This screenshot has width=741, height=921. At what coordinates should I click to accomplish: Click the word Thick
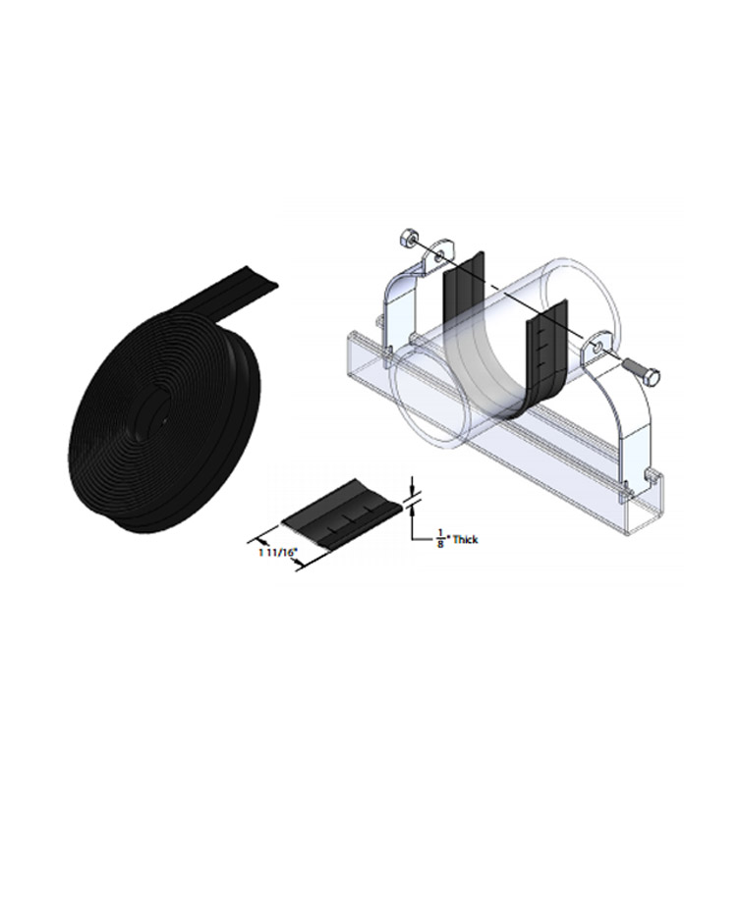[x=465, y=540]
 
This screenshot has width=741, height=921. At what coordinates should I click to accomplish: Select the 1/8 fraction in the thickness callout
[x=440, y=540]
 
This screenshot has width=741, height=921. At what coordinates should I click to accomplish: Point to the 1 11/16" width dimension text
[x=275, y=552]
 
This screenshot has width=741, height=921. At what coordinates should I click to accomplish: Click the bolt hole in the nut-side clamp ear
[x=439, y=254]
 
